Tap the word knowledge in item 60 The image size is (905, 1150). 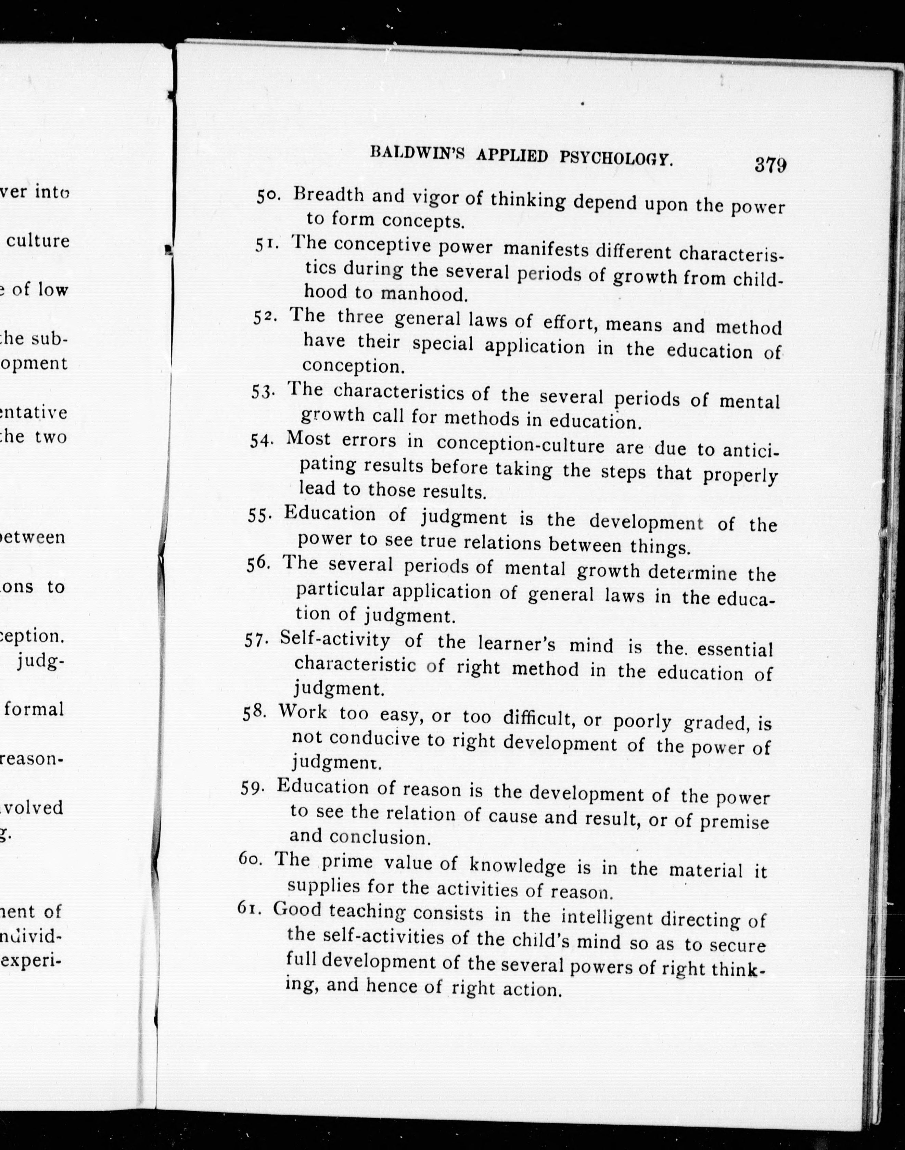click(517, 866)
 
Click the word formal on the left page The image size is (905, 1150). click(35, 709)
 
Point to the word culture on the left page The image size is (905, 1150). click(38, 241)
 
